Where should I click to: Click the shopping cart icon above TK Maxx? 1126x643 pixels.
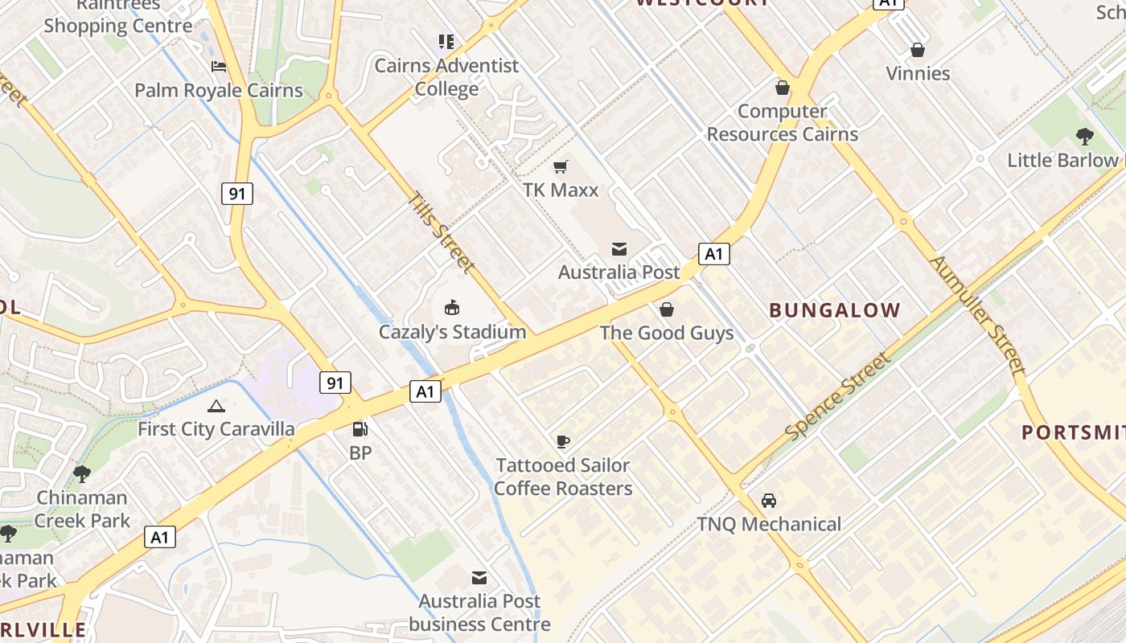(x=561, y=166)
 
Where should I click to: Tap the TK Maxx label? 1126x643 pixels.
(x=561, y=190)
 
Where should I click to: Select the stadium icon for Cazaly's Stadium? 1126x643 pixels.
(x=452, y=307)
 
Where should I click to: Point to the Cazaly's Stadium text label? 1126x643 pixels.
(x=452, y=332)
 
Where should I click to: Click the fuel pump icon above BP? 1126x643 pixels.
(x=360, y=429)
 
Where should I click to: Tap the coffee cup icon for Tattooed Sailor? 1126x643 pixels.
(x=563, y=440)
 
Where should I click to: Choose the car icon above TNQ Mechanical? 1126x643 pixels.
(x=769, y=500)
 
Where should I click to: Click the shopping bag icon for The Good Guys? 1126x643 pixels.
(x=667, y=309)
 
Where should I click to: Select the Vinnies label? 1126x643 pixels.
(x=918, y=74)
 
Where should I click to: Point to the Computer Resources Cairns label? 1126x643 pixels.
(x=783, y=123)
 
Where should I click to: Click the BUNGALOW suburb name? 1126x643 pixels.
(x=835, y=310)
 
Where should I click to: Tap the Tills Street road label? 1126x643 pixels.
(x=440, y=231)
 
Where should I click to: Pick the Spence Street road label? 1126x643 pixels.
(x=838, y=396)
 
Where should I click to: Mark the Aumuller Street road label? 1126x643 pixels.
(x=978, y=315)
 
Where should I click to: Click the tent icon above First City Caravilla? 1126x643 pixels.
(x=216, y=406)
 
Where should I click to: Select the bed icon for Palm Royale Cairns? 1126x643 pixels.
(x=219, y=66)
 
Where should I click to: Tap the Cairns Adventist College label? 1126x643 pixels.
(x=446, y=77)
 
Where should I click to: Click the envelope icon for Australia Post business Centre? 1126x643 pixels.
(x=479, y=577)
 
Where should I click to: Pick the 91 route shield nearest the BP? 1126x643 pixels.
(x=335, y=383)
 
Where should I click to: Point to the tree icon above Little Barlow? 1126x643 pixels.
(x=1084, y=137)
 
